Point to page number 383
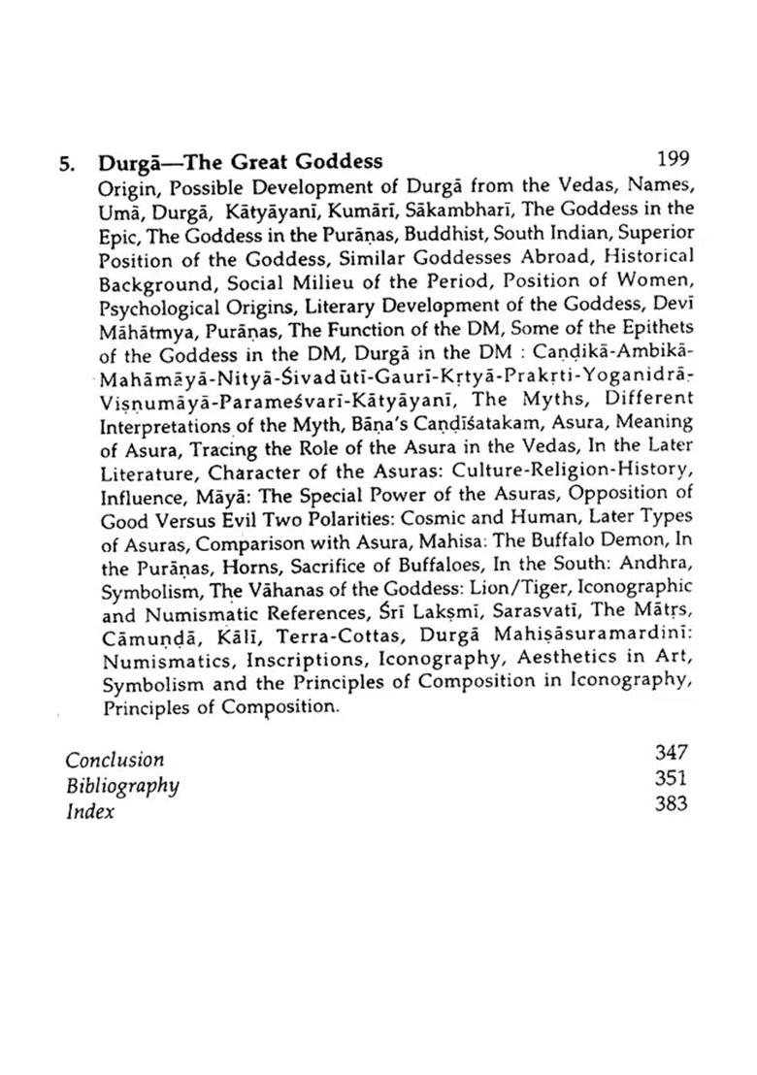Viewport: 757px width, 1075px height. point(671,803)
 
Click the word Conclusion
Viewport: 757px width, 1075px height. point(115,759)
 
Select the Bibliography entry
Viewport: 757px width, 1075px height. point(121,785)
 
